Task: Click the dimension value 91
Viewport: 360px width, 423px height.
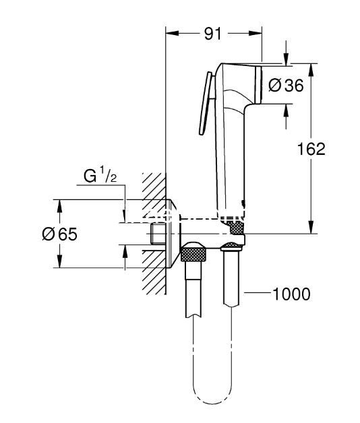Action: [213, 34]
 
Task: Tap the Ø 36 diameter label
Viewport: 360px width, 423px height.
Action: [286, 86]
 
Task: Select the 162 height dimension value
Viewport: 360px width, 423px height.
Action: [311, 149]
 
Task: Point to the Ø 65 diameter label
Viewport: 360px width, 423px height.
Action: [60, 234]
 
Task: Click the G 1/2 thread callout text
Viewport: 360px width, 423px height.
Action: [100, 175]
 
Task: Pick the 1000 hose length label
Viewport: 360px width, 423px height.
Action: [292, 294]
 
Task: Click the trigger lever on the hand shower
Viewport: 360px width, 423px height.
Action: [205, 103]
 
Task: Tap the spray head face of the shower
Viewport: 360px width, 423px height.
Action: [258, 84]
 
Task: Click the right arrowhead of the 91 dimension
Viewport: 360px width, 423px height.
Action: [256, 33]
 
